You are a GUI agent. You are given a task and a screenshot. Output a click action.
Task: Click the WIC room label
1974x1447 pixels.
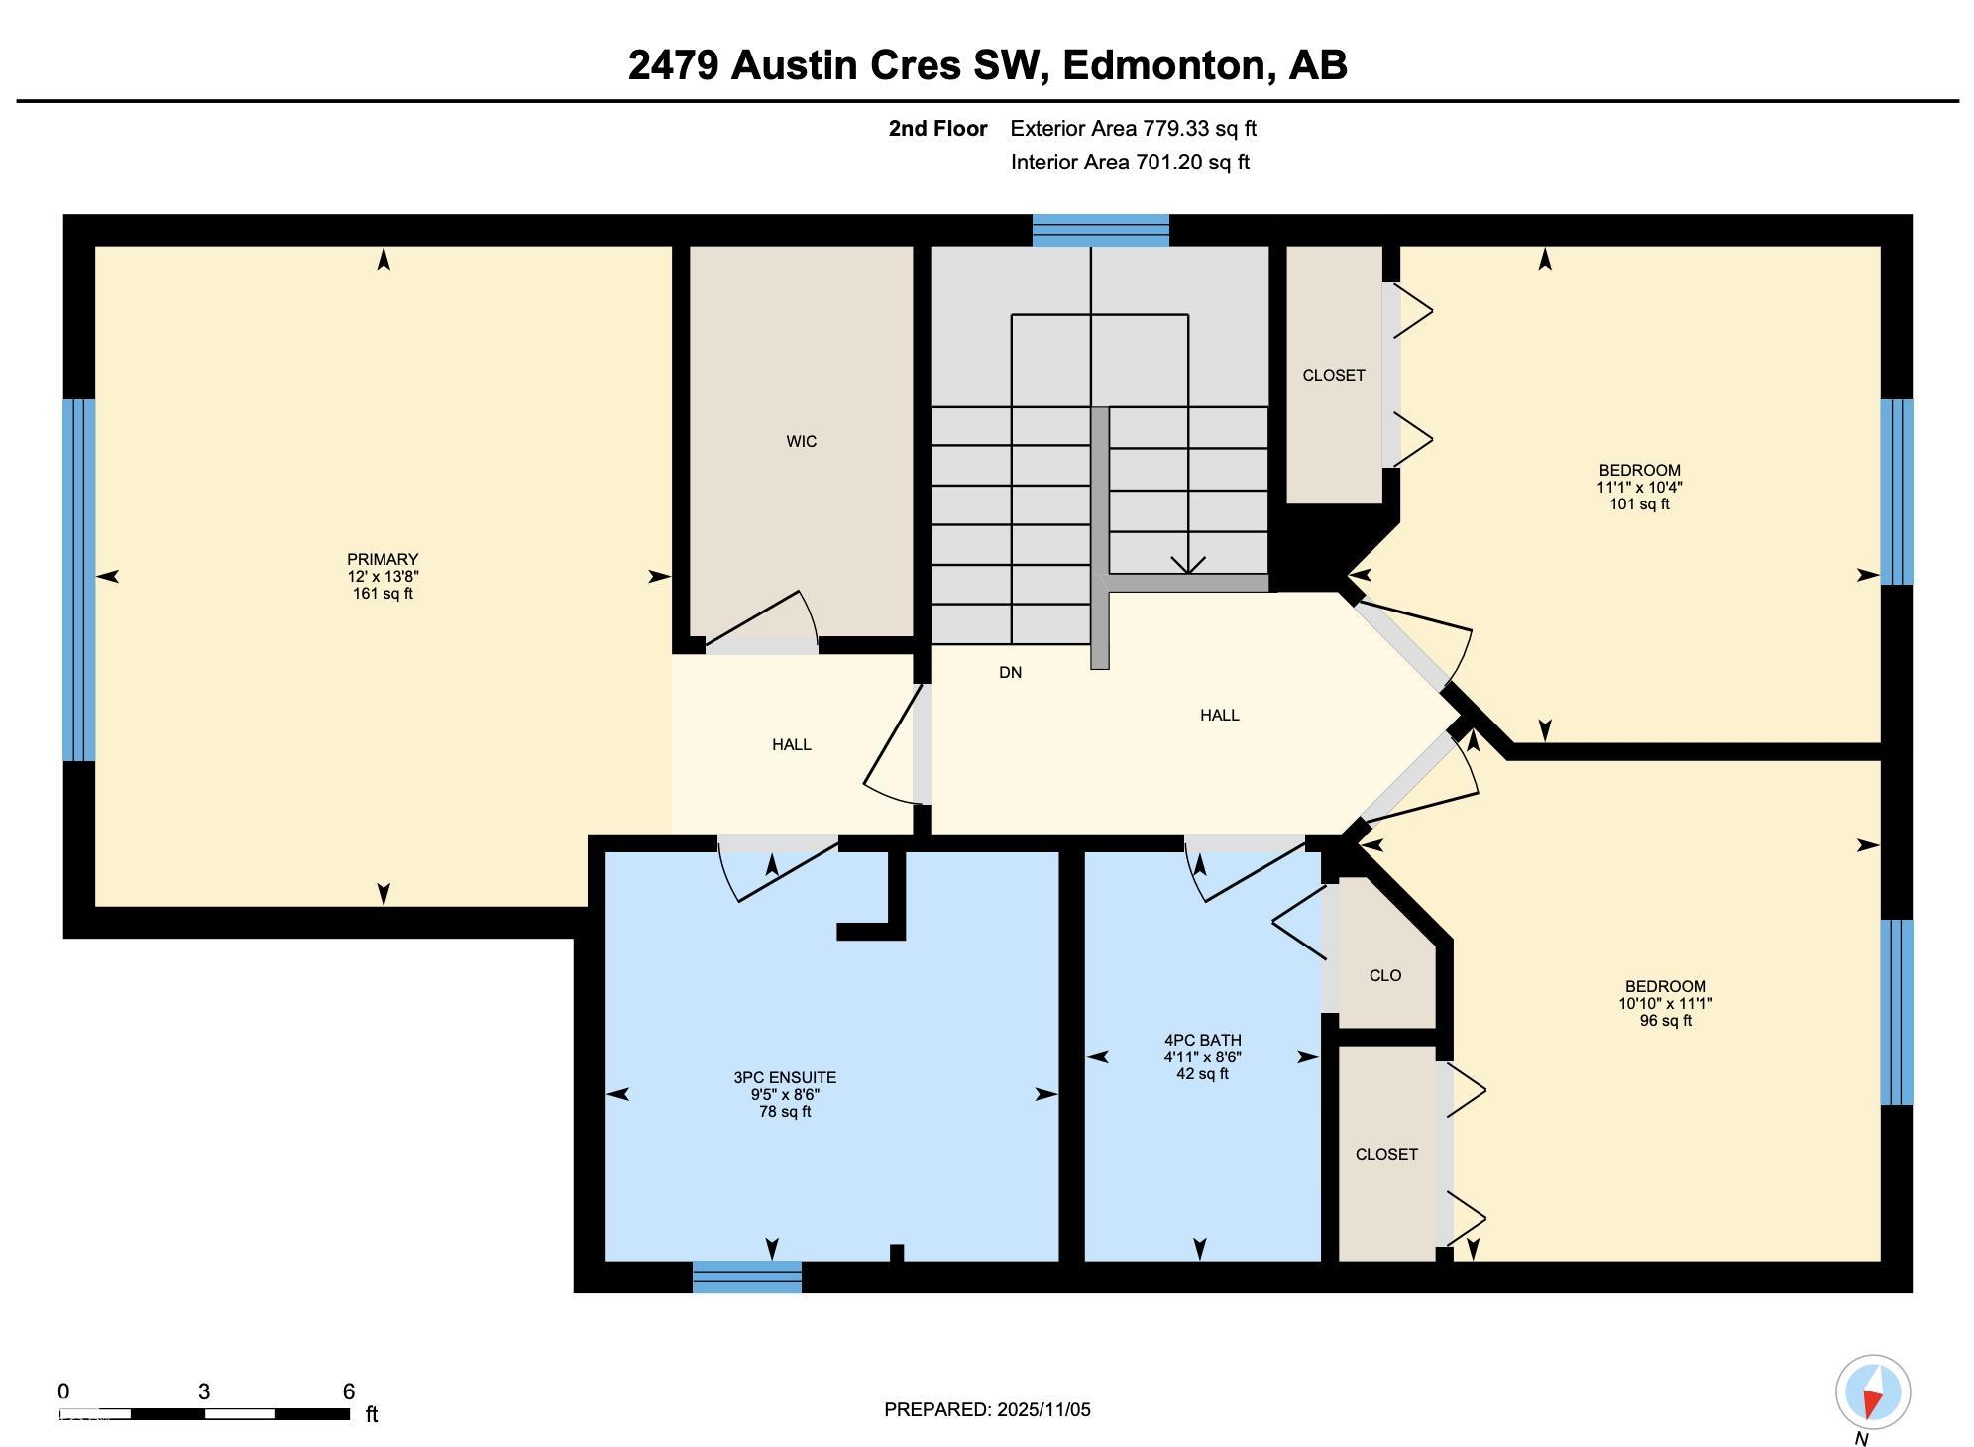coord(801,441)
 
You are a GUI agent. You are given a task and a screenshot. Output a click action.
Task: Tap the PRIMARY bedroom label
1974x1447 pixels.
coord(383,559)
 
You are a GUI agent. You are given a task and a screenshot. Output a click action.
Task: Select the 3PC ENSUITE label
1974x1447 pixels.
coord(785,1077)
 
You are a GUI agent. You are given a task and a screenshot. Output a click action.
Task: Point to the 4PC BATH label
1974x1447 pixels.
coord(1202,1040)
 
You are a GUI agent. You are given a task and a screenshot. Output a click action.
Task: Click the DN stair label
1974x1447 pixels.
coord(1010,672)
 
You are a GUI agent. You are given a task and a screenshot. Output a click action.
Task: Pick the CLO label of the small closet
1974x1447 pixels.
coord(1384,975)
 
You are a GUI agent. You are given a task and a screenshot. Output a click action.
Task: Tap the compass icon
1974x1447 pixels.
coord(1872,1392)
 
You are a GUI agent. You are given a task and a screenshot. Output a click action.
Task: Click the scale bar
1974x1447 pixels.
coord(204,1413)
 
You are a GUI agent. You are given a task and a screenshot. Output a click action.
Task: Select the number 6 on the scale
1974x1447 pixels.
coord(348,1391)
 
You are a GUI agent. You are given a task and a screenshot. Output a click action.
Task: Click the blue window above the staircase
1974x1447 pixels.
coord(1100,230)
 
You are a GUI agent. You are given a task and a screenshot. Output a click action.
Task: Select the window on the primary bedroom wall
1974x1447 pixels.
coord(79,580)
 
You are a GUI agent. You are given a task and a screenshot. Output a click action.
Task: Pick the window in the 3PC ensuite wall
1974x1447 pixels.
coord(747,1277)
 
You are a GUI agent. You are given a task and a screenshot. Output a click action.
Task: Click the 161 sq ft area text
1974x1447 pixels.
coord(383,593)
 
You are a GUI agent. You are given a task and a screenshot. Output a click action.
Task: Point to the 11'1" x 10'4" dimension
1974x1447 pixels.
coord(1639,487)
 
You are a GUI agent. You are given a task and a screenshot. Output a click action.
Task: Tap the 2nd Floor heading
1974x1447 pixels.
coord(937,128)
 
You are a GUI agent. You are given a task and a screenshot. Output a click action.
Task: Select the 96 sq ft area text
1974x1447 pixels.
coord(1665,1020)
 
